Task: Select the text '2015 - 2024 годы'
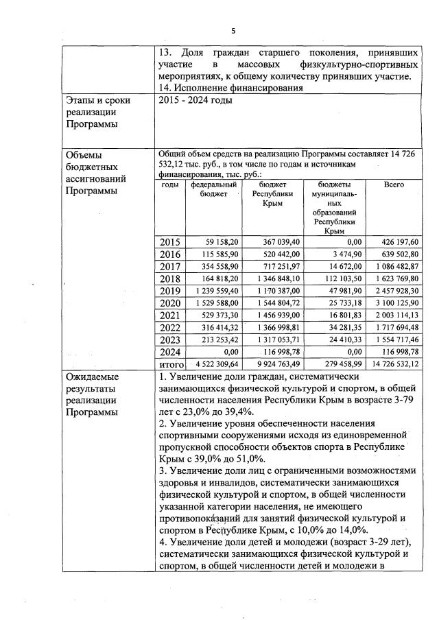[195, 101]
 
